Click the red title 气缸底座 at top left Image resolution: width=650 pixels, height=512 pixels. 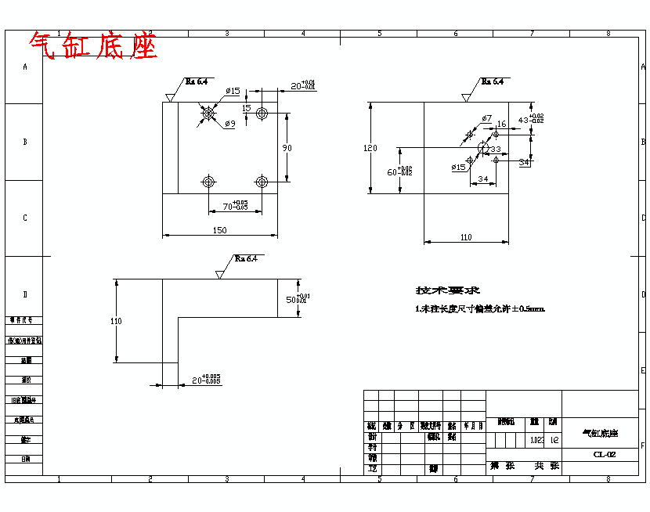pos(94,46)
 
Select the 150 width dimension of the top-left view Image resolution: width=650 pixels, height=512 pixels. pos(220,230)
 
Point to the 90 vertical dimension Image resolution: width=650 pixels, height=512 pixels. pos(287,148)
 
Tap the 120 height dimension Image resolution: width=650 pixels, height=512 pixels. pos(370,148)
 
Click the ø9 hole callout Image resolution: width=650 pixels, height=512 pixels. pos(229,124)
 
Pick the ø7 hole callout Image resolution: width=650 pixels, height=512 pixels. pos(486,118)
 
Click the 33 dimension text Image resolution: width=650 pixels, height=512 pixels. pos(495,148)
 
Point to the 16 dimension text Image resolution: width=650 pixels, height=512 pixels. pos(501,124)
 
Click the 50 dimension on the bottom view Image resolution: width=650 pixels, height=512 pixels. pos(296,299)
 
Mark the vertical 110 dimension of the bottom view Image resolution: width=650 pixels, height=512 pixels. pos(117,320)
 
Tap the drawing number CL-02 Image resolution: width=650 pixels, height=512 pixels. pos(604,454)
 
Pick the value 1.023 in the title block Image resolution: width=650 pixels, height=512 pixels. pos(536,440)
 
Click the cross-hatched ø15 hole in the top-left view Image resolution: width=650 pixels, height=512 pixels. pos(208,114)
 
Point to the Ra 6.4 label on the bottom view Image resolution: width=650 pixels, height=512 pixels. pos(246,259)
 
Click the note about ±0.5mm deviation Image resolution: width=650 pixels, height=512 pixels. pos(479,309)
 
